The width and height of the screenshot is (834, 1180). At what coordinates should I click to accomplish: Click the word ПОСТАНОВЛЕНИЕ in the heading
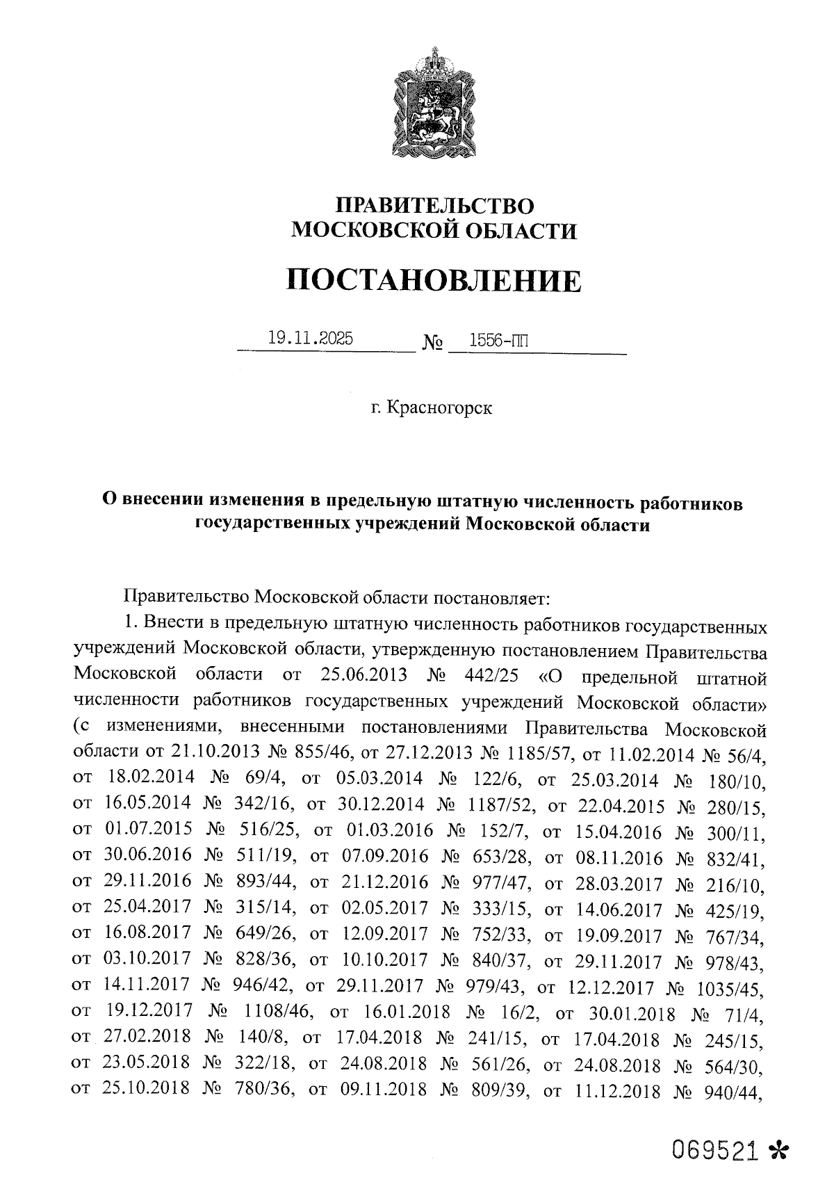click(x=434, y=280)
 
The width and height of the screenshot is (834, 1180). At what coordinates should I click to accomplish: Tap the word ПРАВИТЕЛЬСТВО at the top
click(x=434, y=207)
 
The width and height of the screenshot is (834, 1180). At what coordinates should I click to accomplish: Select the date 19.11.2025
click(x=310, y=339)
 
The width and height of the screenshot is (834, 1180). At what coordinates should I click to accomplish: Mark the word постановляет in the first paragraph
click(x=494, y=597)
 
